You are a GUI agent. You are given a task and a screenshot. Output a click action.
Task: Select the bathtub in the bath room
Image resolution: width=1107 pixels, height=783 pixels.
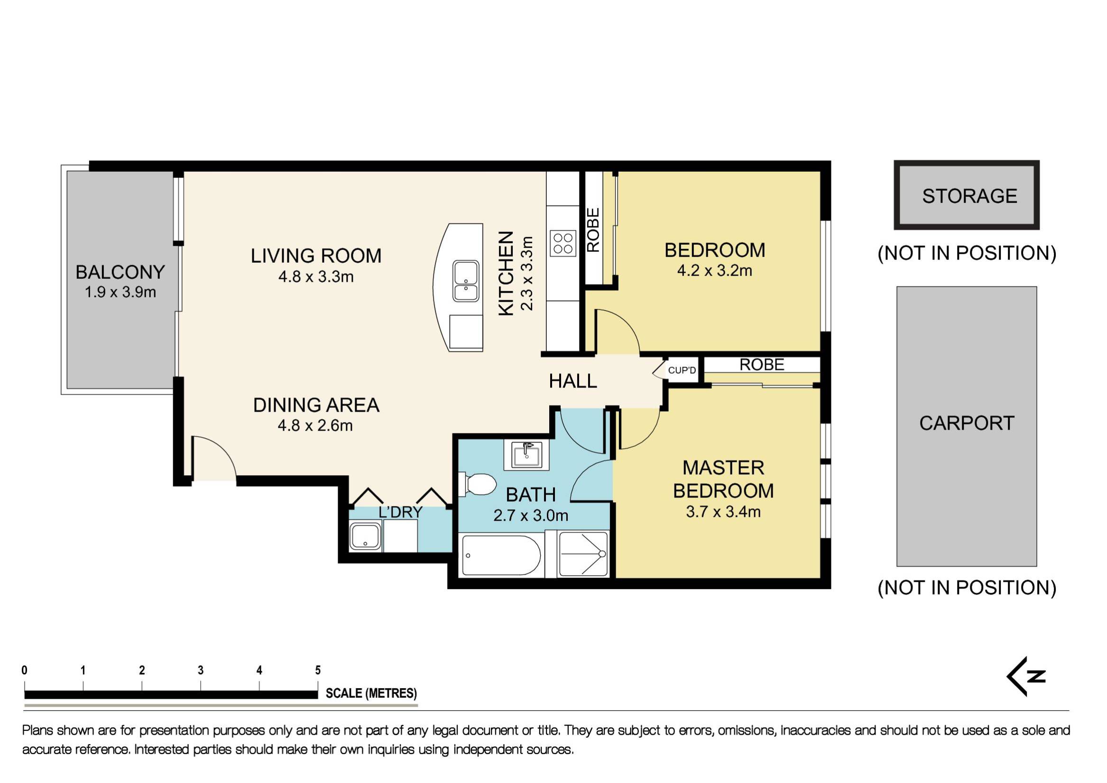[501, 555]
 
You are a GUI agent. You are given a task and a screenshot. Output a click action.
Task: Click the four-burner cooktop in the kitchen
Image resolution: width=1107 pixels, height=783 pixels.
[563, 243]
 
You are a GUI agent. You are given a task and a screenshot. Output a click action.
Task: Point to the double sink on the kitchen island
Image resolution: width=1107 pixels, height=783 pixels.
[466, 281]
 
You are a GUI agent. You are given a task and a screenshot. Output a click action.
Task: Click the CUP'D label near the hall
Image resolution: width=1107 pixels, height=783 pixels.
[682, 370]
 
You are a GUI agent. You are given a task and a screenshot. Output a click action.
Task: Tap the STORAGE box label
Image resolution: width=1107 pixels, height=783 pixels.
[969, 196]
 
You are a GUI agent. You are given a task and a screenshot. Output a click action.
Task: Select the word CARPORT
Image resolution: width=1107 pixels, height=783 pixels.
[966, 424]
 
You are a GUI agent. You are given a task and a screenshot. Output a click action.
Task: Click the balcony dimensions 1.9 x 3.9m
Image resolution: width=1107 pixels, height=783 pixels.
[120, 292]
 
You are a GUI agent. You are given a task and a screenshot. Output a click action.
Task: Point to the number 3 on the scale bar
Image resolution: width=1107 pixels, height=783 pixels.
[201, 670]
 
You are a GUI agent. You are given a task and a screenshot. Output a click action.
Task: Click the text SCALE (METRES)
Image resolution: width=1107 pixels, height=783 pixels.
[371, 693]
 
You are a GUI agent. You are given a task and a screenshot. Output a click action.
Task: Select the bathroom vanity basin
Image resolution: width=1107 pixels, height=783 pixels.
[526, 455]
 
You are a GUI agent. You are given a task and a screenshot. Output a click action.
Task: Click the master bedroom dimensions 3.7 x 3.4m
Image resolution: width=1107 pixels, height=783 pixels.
[723, 512]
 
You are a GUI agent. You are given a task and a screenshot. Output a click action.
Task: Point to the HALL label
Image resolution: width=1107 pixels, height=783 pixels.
[573, 381]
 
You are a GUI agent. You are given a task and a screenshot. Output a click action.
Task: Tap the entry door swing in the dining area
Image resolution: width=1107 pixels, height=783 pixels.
[212, 458]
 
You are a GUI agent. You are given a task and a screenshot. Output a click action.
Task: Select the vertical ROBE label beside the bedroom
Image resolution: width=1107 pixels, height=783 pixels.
[593, 230]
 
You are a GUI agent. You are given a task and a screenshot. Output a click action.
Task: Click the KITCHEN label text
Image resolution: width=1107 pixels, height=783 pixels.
[505, 273]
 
